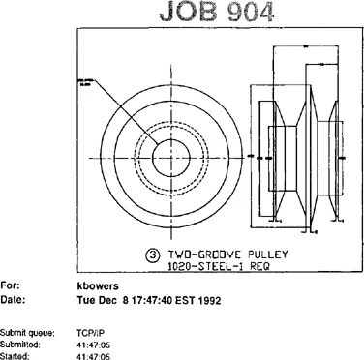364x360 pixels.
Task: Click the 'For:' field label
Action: (10, 286)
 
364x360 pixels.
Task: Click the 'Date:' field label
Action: (13, 301)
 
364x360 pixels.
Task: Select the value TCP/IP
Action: (90, 331)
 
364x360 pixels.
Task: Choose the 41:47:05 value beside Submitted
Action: (93, 344)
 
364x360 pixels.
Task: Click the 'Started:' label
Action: (16, 355)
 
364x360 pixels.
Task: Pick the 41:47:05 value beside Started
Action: (93, 355)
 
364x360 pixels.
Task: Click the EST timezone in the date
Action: (182, 301)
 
